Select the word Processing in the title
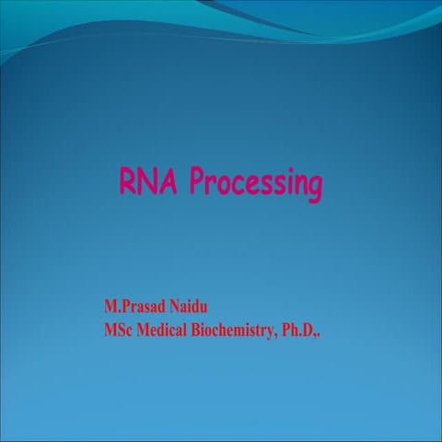[256, 184]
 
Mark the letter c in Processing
[238, 184]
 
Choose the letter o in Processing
[224, 184]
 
